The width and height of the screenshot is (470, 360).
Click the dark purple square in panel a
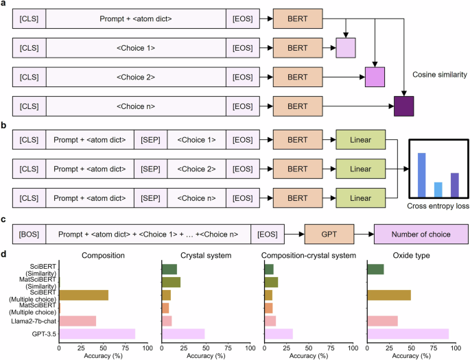(x=405, y=107)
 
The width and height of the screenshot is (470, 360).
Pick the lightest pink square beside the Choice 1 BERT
(x=345, y=47)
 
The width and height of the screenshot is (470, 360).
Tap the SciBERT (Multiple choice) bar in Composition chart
(x=84, y=295)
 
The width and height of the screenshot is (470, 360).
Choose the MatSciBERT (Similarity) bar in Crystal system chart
(x=171, y=282)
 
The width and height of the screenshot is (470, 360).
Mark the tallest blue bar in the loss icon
(x=422, y=175)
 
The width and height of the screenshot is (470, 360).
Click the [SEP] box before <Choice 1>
(x=150, y=140)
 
